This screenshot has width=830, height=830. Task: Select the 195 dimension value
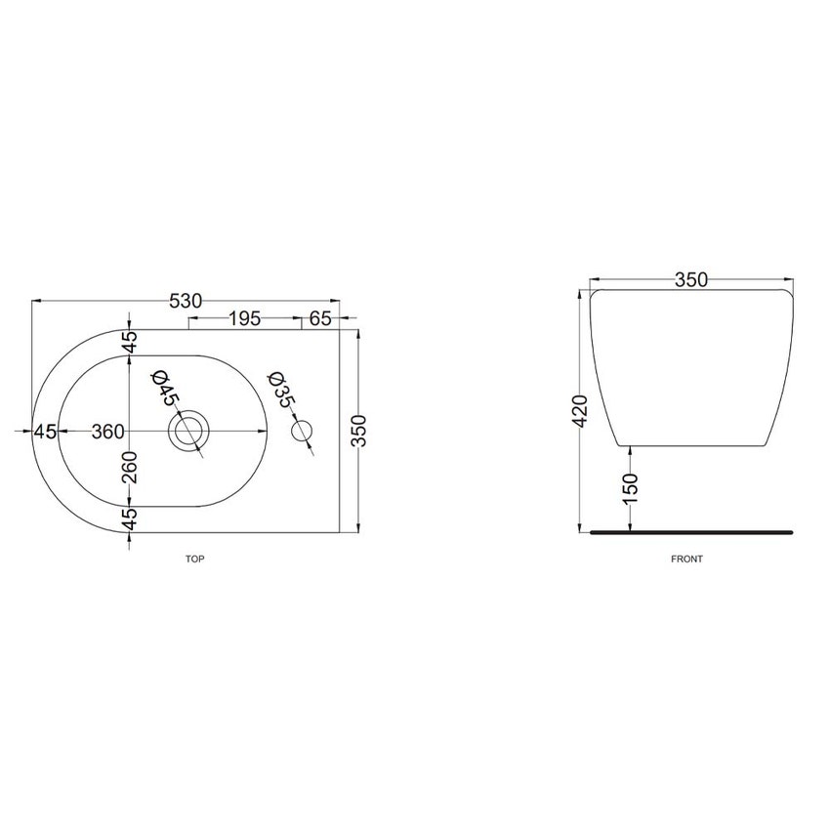pos(244,318)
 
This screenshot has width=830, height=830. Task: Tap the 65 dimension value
pos(320,318)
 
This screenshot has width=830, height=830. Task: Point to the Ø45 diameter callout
pos(164,389)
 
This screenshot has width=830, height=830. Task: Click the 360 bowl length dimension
pos(107,431)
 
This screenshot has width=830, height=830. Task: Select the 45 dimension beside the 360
pos(45,431)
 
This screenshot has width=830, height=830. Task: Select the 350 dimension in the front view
pos(690,280)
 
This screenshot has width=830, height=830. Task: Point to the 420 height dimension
pos(580,413)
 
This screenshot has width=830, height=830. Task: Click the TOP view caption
pos(194,560)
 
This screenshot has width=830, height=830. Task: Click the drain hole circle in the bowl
pos(187,431)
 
